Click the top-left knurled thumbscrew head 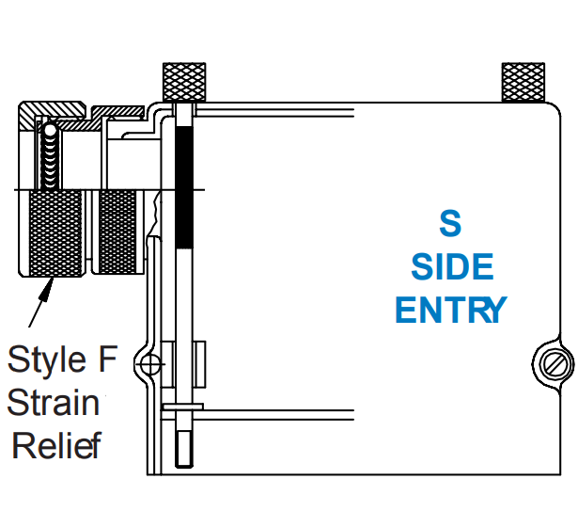[184, 81]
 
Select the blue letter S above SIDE [451, 224]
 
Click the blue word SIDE [452, 267]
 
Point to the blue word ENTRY [451, 310]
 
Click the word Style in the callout [41, 359]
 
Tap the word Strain [54, 402]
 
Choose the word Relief [55, 443]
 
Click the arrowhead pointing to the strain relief [43, 287]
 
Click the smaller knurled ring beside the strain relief [117, 232]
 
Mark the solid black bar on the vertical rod [184, 188]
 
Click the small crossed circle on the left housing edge [148, 362]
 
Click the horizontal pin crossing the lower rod [184, 407]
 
